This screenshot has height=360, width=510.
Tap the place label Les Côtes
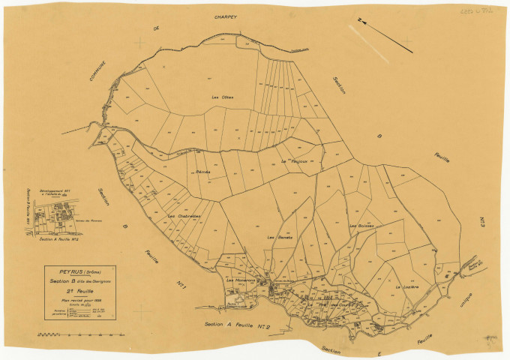click(222, 97)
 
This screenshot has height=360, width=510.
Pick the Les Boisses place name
click(361, 225)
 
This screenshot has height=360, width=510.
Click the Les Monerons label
click(241, 280)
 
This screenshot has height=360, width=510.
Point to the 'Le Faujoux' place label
click(295, 161)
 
